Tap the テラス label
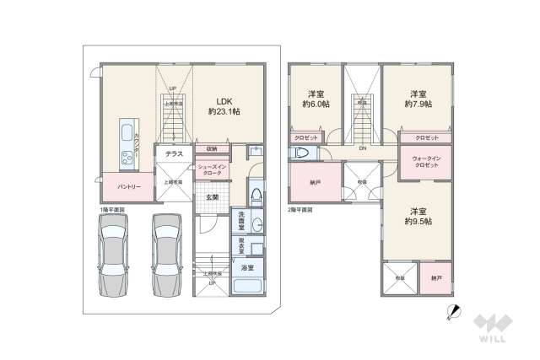click(x=174, y=154)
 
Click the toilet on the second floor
click(x=301, y=153)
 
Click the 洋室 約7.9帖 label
click(x=417, y=99)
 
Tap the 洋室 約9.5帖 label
click(x=417, y=216)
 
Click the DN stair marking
click(x=361, y=149)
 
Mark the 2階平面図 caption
click(x=300, y=208)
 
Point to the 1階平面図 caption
click(x=112, y=208)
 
